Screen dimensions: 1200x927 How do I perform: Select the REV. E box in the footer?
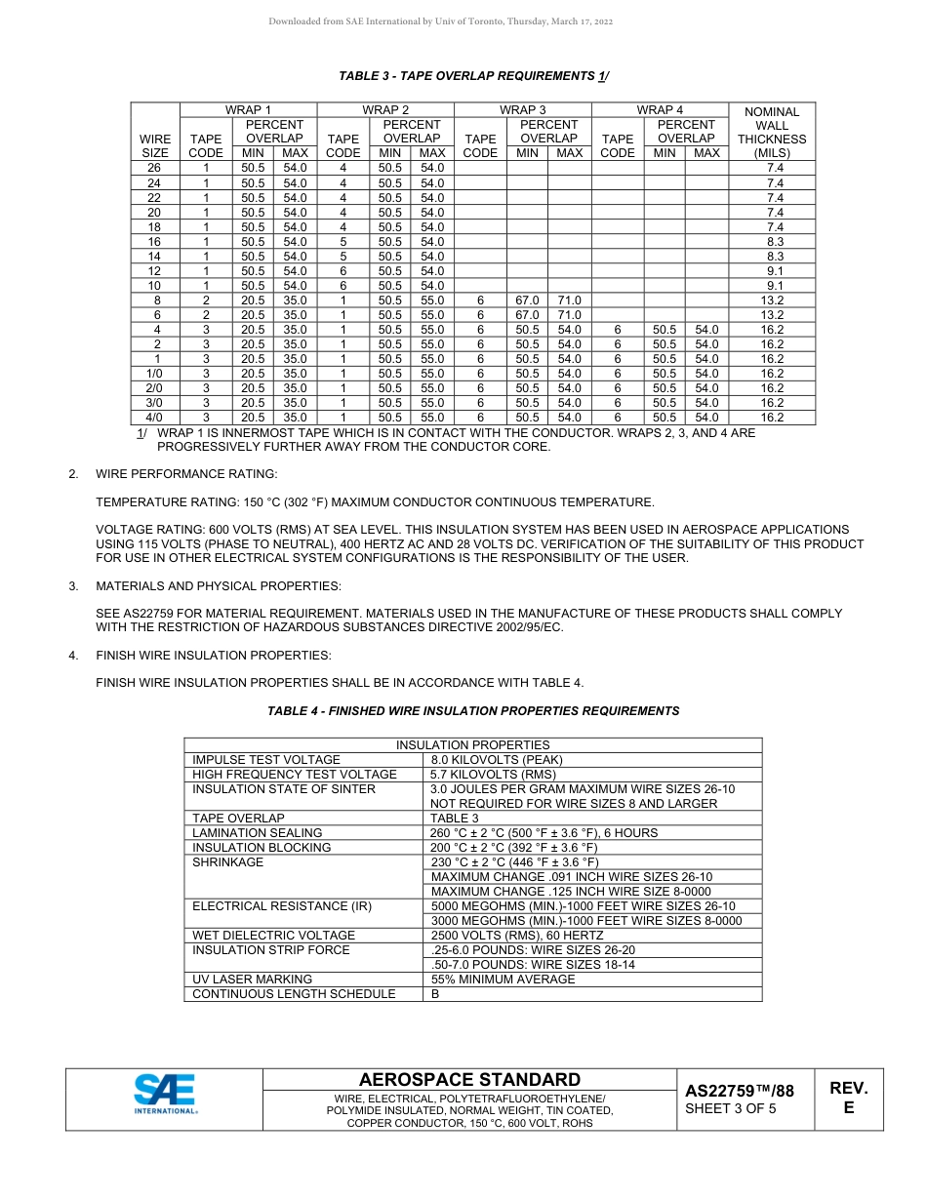point(848,1098)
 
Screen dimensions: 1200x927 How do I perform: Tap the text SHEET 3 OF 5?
point(731,1108)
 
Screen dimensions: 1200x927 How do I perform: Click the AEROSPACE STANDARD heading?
point(469,1080)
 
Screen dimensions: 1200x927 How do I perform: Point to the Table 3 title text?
point(474,76)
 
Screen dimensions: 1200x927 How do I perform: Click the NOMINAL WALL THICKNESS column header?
point(771,132)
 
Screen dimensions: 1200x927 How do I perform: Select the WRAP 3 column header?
point(523,110)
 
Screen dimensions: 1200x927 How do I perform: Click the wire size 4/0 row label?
point(154,418)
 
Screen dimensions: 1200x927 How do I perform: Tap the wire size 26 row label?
point(154,169)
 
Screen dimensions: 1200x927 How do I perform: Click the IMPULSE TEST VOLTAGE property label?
point(266,760)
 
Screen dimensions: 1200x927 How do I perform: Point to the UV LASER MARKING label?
point(253,980)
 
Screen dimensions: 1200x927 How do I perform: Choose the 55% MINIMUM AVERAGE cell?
point(503,980)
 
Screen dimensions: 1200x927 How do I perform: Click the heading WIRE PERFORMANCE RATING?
point(186,474)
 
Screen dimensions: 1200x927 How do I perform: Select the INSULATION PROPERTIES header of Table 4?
point(472,745)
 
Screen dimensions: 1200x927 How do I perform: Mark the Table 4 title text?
point(473,711)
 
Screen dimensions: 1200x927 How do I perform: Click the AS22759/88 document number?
point(739,1091)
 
